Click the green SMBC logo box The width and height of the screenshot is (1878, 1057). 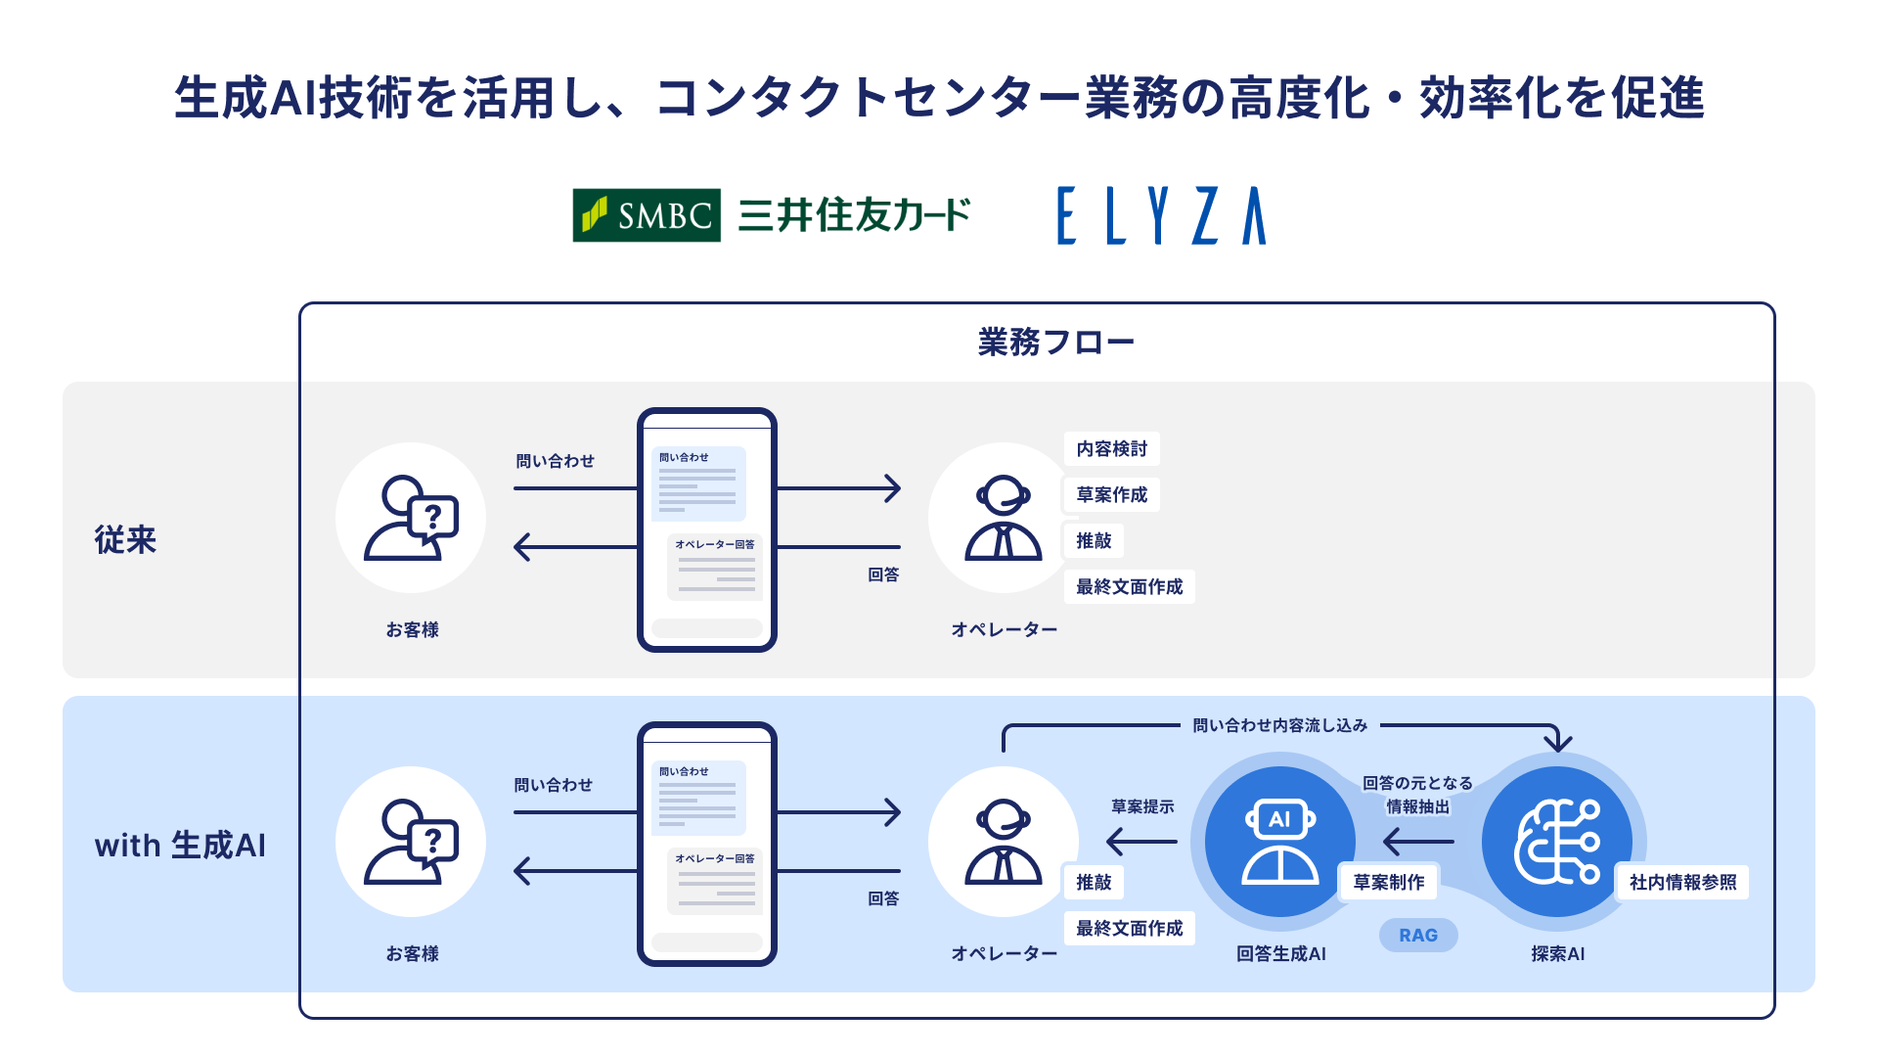647,215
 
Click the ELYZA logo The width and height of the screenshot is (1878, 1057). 1161,215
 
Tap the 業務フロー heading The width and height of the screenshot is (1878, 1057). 1055,343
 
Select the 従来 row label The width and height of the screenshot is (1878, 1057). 125,539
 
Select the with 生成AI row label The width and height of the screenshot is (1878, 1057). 180,845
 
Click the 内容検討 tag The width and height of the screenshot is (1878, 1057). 1111,449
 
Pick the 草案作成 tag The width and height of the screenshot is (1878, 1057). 1111,495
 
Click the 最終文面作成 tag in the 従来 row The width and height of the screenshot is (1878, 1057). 1129,587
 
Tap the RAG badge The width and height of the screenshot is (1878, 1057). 1417,936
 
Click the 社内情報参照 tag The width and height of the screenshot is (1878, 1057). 1682,883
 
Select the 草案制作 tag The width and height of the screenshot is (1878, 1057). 1388,883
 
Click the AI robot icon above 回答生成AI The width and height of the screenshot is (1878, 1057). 1279,842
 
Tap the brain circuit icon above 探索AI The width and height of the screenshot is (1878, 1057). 1556,842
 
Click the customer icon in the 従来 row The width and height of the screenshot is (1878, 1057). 411,518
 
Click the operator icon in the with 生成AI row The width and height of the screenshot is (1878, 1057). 1003,842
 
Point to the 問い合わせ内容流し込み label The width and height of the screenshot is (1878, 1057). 1279,726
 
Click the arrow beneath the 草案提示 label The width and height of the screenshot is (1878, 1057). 1141,842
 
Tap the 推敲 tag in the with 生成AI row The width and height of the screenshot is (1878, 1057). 1094,883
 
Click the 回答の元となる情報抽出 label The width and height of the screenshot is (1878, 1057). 1417,795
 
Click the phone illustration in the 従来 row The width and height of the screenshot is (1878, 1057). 706,529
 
